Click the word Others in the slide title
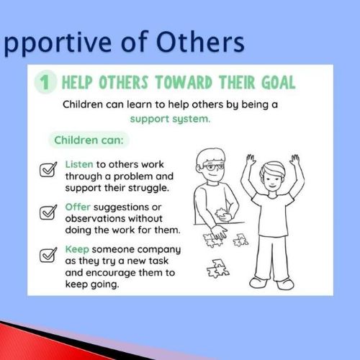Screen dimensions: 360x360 pyautogui.click(x=200, y=42)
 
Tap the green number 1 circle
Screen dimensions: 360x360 pyautogui.click(x=45, y=82)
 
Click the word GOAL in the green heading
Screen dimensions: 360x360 pyautogui.click(x=279, y=82)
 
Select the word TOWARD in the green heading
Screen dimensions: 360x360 pyautogui.click(x=184, y=82)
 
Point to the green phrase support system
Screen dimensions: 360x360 pyautogui.click(x=170, y=119)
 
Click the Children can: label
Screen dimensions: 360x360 pyautogui.click(x=89, y=140)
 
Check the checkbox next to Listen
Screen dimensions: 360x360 pyautogui.click(x=48, y=169)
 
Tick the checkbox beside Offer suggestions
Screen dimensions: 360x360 pyautogui.click(x=48, y=212)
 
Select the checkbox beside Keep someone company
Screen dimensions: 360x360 pyautogui.click(x=48, y=255)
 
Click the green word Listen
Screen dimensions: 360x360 pyautogui.click(x=79, y=164)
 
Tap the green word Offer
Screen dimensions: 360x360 pyautogui.click(x=78, y=207)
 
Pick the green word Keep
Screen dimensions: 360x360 pyautogui.click(x=77, y=249)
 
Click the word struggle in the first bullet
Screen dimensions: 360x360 pyautogui.click(x=148, y=188)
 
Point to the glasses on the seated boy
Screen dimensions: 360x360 pyautogui.click(x=212, y=166)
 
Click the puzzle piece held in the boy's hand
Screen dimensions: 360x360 pyautogui.click(x=221, y=214)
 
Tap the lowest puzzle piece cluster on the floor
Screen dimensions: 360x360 pyautogui.click(x=218, y=269)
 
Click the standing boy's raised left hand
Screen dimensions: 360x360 pyautogui.click(x=295, y=161)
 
